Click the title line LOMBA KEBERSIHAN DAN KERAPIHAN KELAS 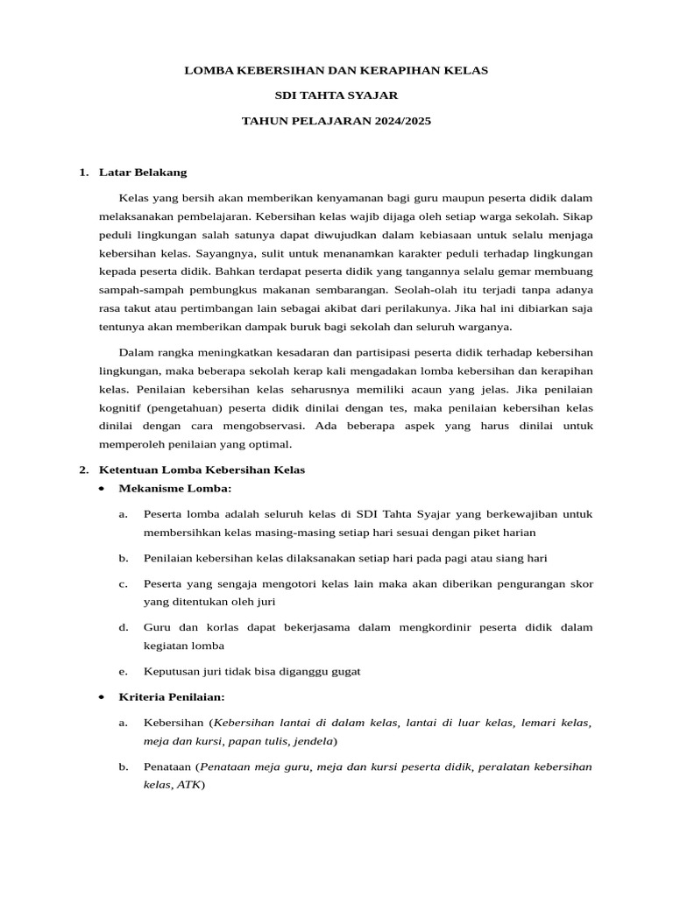pos(336,69)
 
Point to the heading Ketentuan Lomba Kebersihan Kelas pos(202,470)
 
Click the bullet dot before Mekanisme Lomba pos(103,488)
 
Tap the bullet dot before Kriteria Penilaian pos(103,696)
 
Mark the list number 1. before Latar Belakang pos(84,173)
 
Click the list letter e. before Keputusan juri pos(124,671)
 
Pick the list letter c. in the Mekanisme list pos(124,583)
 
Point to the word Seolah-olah pos(425,289)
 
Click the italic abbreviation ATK pos(188,785)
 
